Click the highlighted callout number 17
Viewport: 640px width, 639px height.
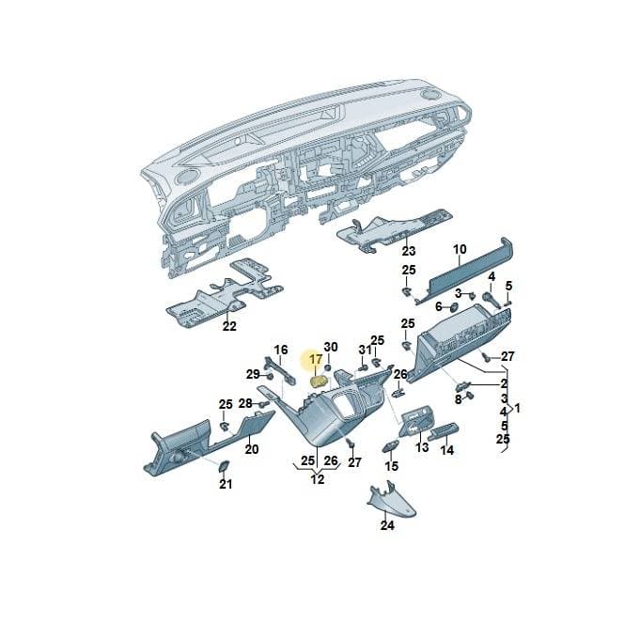tap(316, 360)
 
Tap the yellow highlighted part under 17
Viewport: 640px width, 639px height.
tap(319, 382)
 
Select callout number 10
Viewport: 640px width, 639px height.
tap(460, 249)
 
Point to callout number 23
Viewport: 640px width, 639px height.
tap(409, 251)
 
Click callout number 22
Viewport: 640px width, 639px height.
tap(229, 326)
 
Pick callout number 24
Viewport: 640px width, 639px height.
tap(387, 525)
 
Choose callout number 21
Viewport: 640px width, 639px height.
tap(226, 484)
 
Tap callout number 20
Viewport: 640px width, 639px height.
tap(252, 449)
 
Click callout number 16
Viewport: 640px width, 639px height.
tap(281, 350)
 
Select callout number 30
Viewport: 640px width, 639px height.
tap(331, 347)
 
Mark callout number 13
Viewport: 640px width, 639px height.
tap(422, 446)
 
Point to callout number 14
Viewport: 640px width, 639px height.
tap(447, 450)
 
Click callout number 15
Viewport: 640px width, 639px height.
tap(392, 465)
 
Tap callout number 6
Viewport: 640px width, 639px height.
tap(438, 306)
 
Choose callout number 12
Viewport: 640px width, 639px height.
tap(318, 478)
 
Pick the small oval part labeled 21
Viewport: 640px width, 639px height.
tap(224, 466)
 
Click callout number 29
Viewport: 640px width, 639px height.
tap(253, 374)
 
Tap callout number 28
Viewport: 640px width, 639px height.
tap(245, 403)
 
